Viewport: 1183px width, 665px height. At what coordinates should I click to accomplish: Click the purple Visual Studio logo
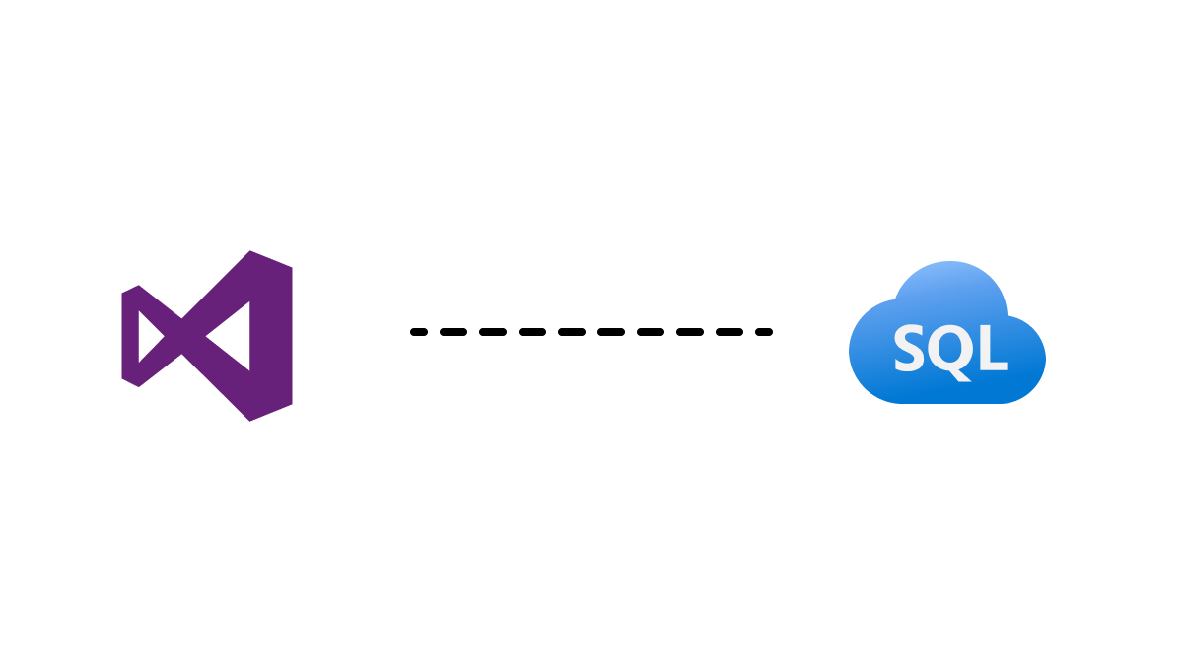click(206, 336)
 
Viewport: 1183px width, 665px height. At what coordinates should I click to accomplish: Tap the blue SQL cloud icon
click(947, 333)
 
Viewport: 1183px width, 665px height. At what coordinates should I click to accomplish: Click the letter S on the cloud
click(909, 349)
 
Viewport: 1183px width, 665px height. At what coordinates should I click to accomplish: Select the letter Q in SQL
click(949, 350)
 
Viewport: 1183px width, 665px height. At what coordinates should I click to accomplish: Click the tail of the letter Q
click(962, 375)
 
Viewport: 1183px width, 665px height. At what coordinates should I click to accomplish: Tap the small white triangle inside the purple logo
click(150, 337)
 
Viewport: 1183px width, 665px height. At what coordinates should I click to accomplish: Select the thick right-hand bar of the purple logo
click(271, 336)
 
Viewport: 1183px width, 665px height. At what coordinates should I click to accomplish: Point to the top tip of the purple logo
click(249, 252)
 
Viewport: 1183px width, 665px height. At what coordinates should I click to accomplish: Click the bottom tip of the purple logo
click(249, 420)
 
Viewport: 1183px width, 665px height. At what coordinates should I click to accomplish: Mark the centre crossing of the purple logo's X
click(182, 336)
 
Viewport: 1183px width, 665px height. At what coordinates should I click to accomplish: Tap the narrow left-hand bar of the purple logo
click(130, 336)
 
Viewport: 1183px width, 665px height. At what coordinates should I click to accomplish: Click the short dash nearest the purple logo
click(419, 332)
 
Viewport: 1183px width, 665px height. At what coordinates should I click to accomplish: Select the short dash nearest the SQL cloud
click(764, 332)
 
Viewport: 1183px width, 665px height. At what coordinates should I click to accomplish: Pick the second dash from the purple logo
click(453, 332)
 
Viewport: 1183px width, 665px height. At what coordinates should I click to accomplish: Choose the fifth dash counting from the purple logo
click(572, 332)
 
